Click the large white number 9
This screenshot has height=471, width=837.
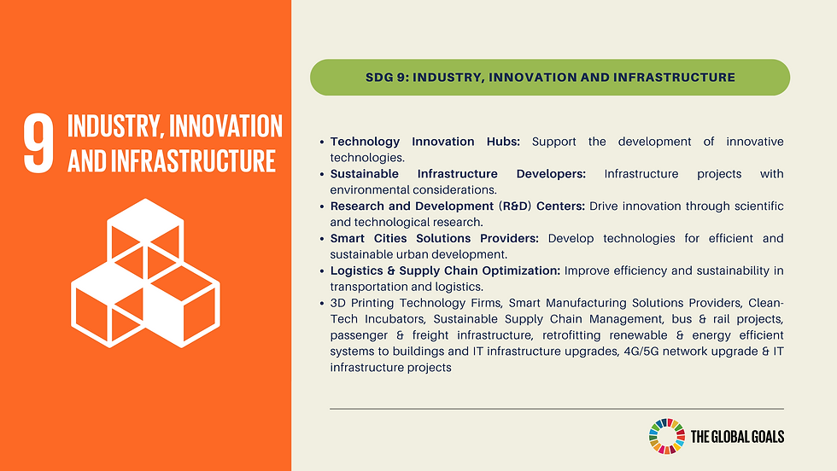(39, 145)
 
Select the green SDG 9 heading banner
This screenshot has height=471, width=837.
(549, 77)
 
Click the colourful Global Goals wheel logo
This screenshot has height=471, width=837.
(666, 436)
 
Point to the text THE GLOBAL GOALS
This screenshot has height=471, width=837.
(735, 437)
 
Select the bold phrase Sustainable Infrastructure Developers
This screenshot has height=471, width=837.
(458, 174)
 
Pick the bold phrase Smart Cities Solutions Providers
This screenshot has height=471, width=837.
(434, 239)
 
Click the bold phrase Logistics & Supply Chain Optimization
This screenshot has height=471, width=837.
(445, 271)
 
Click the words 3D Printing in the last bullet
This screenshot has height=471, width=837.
(364, 304)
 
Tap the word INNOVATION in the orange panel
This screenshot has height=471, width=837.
(226, 126)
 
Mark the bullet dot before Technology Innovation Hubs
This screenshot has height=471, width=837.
(321, 142)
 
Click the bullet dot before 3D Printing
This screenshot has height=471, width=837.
(321, 305)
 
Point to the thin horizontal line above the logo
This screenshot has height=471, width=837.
(556, 410)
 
